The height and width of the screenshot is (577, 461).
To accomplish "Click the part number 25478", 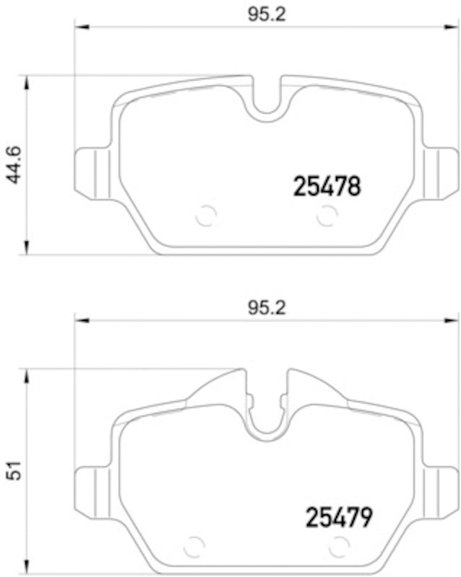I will click(326, 188).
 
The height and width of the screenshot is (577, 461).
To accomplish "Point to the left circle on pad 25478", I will click(206, 215).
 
